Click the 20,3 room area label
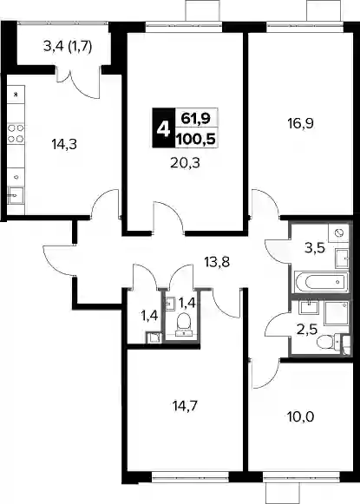coord(185,163)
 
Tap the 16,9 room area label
coord(300,123)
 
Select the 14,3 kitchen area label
coord(64,144)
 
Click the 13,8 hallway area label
coord(217,262)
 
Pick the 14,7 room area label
coord(185,406)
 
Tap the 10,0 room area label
coord(300,417)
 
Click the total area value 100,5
coord(195,140)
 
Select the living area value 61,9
coord(195,119)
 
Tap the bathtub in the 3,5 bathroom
coord(322,282)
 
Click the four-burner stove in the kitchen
coord(16,134)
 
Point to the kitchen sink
coord(16,195)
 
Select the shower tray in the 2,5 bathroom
coord(337,313)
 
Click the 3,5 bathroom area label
coord(315,248)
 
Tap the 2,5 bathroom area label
coord(307,330)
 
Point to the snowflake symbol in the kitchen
coord(15,95)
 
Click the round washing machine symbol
coord(339,232)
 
